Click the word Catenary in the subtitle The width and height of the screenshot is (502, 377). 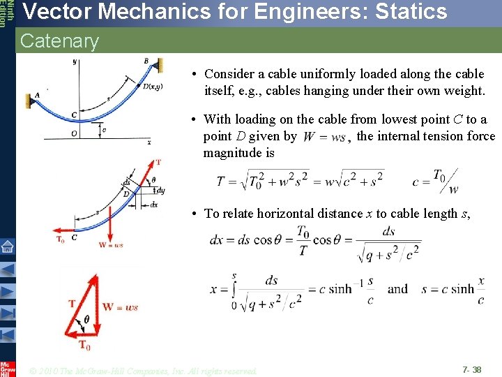(60, 41)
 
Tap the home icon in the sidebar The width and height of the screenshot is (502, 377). (8, 246)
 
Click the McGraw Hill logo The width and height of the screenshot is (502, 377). (7, 369)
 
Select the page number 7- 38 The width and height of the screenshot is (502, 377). (471, 369)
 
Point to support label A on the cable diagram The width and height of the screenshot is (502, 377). (38, 96)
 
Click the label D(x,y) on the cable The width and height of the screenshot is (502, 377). (153, 87)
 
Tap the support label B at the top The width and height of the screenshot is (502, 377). (146, 61)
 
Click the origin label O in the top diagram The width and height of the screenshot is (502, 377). (74, 133)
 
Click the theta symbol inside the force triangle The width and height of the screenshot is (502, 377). (86, 319)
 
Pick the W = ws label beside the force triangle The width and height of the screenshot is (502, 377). (120, 307)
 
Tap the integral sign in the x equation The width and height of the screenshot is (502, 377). (234, 288)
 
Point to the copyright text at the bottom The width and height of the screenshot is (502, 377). (144, 370)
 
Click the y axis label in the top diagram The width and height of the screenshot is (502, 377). (75, 62)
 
